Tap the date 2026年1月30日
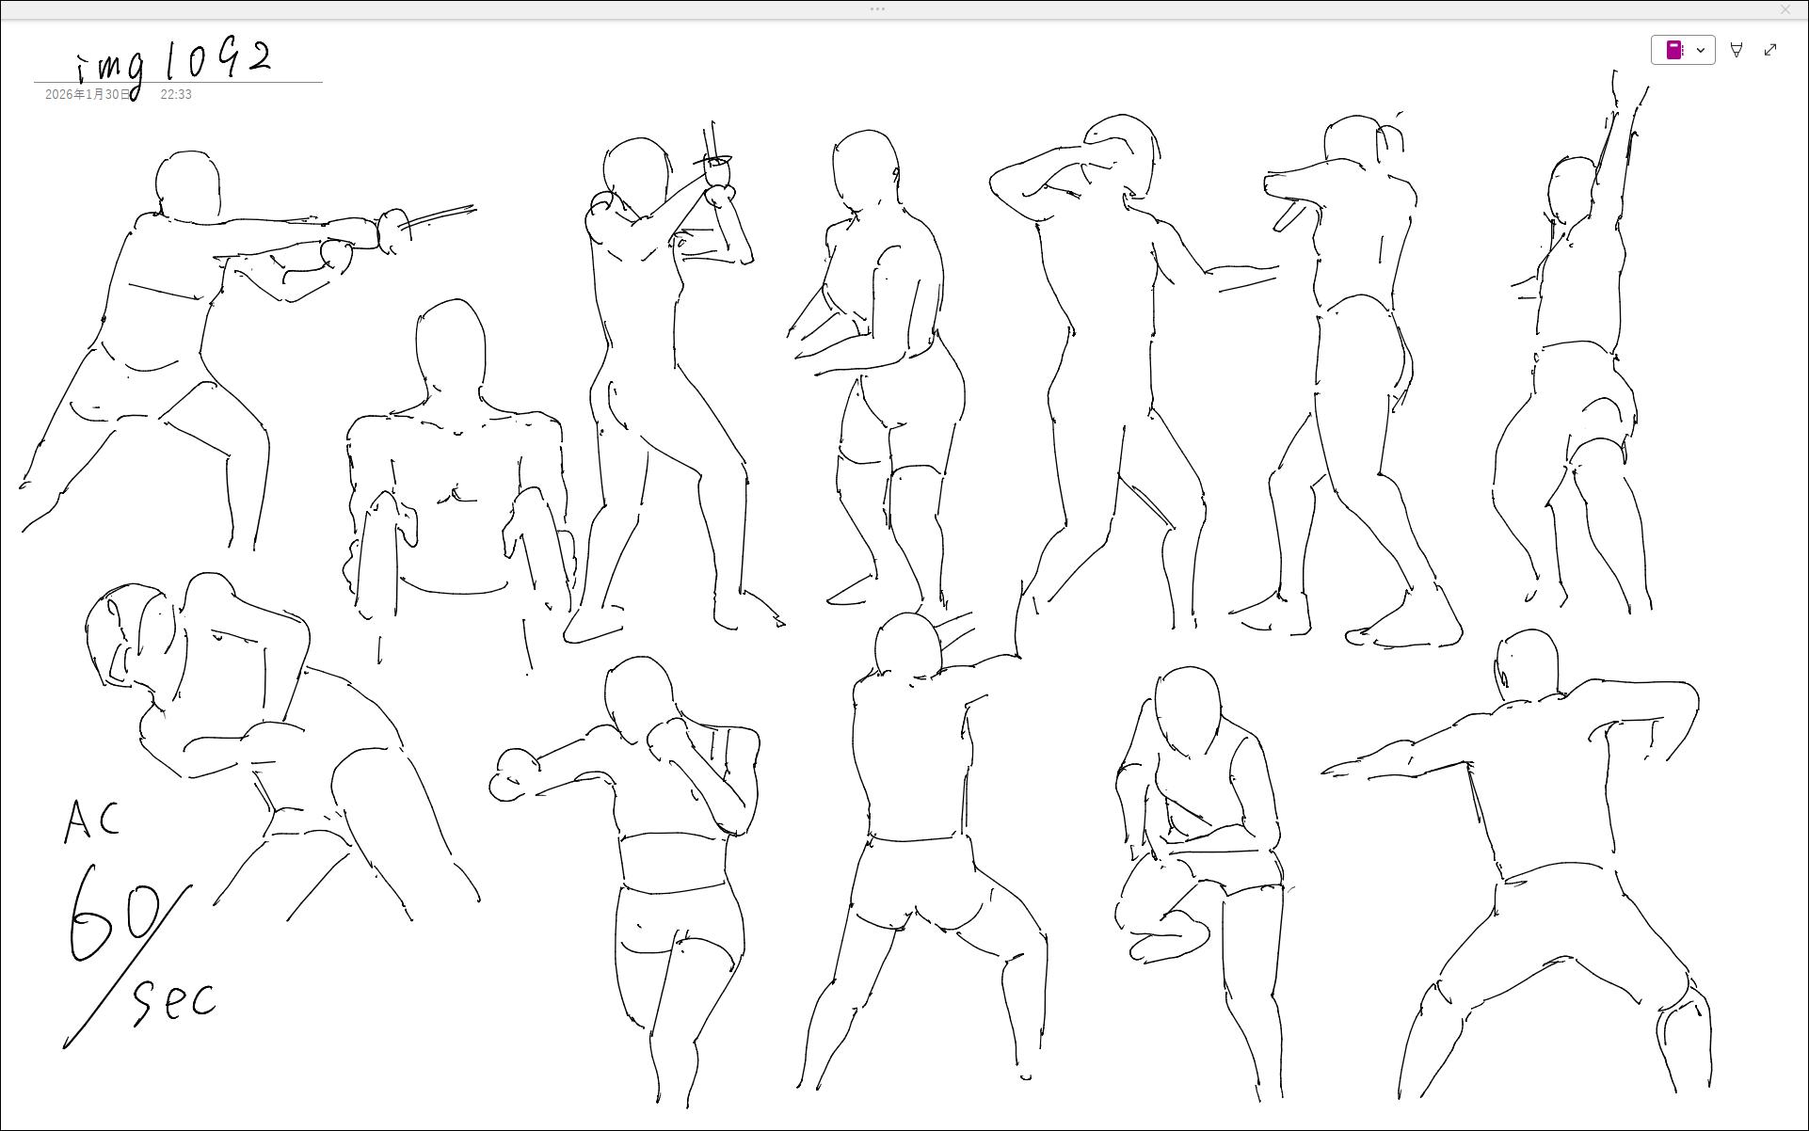tap(88, 94)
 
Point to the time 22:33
tap(176, 94)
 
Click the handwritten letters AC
tap(92, 820)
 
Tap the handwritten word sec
tap(175, 1000)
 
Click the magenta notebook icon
tap(1674, 50)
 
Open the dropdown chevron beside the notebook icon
tap(1701, 50)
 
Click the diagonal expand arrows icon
tap(1770, 50)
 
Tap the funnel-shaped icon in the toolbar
tap(1737, 50)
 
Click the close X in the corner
tap(1785, 9)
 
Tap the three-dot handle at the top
tap(877, 9)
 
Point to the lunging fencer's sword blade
tap(439, 217)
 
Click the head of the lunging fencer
tap(188, 184)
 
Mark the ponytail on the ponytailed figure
tap(1390, 137)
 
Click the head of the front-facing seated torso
tap(450, 347)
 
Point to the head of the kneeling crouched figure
tap(1187, 711)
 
